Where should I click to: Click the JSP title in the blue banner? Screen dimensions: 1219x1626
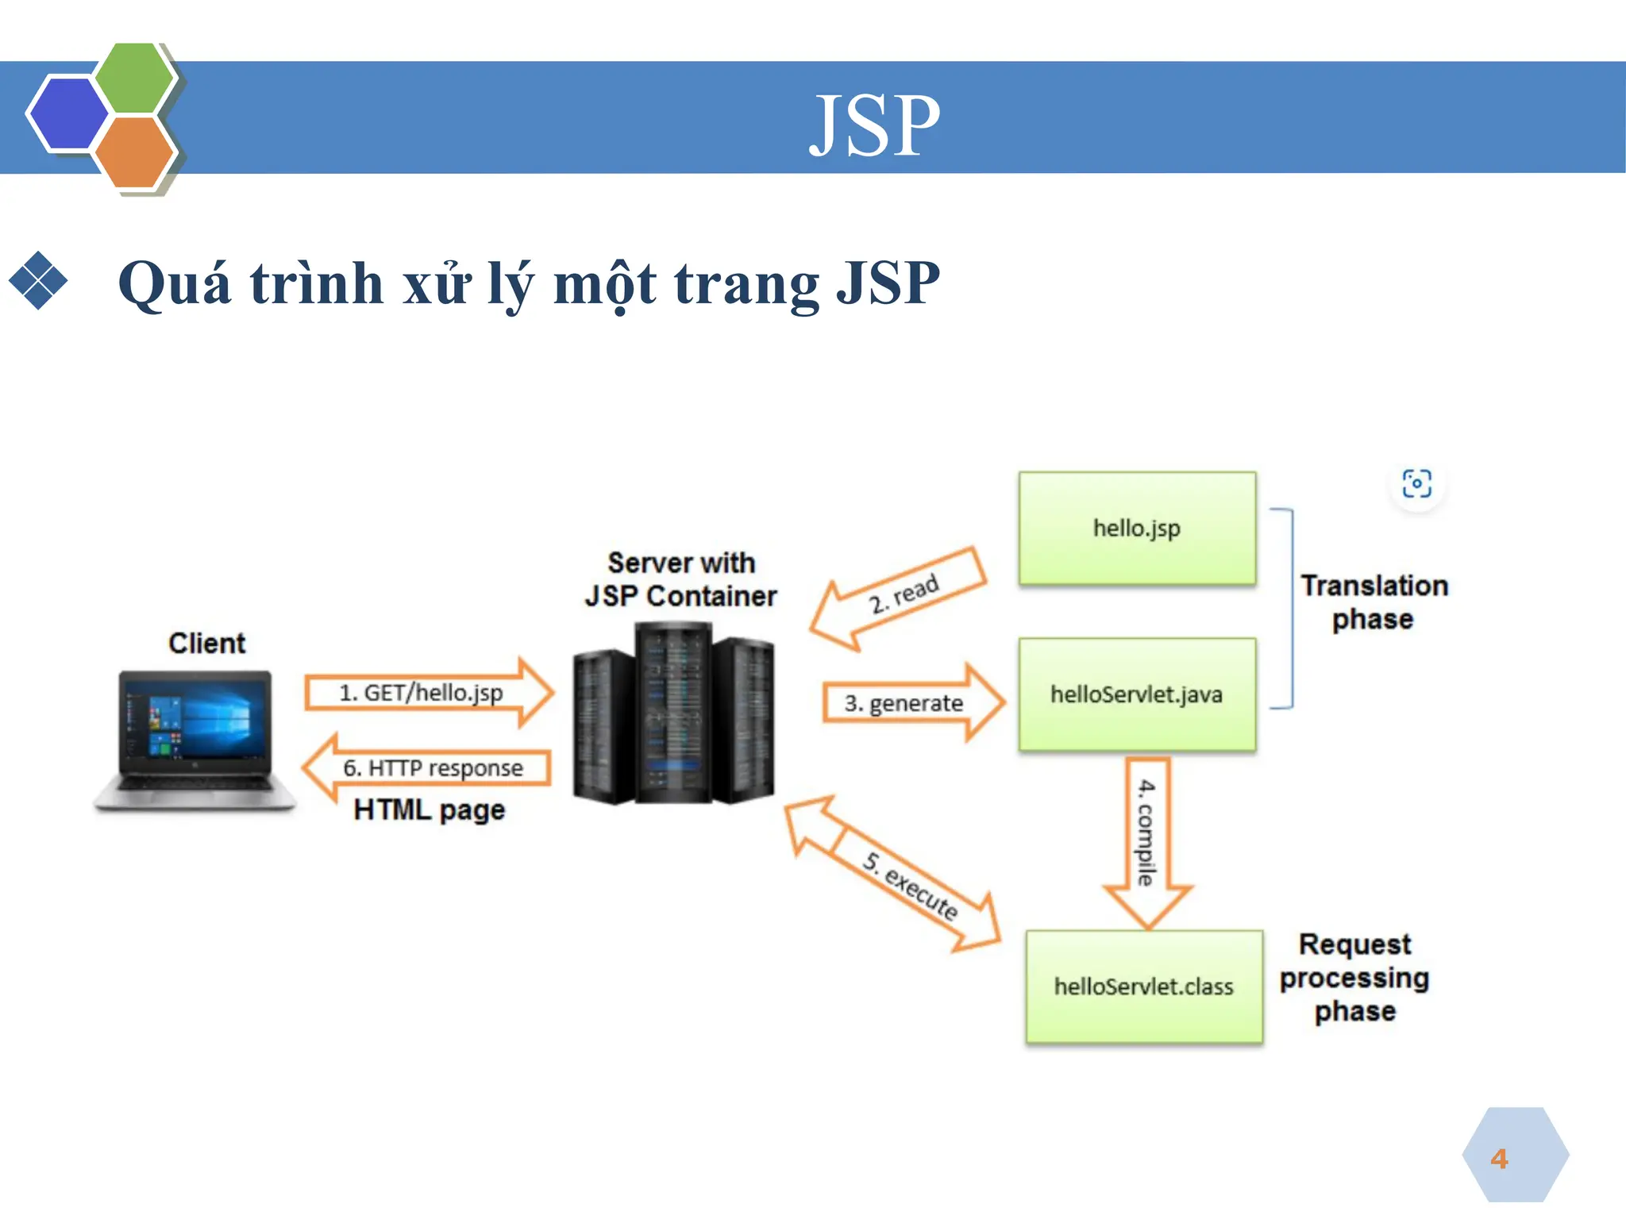point(874,125)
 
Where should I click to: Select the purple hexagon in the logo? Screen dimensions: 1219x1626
point(67,113)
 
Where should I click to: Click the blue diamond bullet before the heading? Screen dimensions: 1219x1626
point(37,280)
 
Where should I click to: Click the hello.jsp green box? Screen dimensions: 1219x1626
point(1136,529)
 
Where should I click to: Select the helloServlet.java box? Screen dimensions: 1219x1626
point(1136,694)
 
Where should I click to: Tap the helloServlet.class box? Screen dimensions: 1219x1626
point(1143,986)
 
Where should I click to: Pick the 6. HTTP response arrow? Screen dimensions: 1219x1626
point(429,767)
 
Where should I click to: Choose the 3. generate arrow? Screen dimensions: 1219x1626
point(909,703)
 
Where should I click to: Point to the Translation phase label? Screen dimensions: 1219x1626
point(1374,602)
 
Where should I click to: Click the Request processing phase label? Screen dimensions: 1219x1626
point(1354,977)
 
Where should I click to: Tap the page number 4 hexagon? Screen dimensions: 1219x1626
point(1514,1157)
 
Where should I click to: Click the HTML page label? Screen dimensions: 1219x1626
point(429,810)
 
